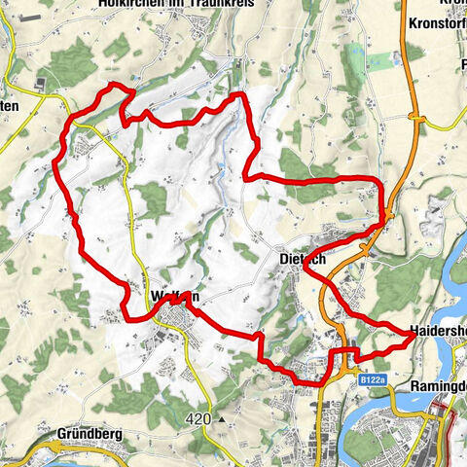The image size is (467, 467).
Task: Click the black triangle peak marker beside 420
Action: pos(223,420)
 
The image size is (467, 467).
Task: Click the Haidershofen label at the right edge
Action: pos(438,331)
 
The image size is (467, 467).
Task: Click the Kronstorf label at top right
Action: pos(434,21)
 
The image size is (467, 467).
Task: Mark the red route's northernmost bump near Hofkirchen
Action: pos(117,87)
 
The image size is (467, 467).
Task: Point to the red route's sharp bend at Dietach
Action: pos(310,273)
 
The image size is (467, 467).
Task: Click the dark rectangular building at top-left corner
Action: pos(42,85)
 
